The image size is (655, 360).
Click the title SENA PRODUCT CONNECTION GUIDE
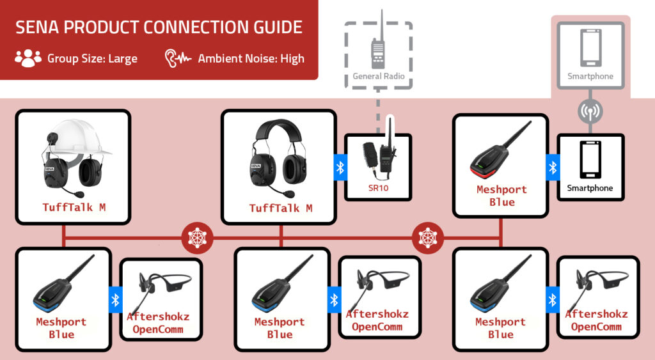click(x=159, y=27)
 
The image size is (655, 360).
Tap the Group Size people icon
click(x=28, y=58)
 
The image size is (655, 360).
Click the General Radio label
click(x=379, y=77)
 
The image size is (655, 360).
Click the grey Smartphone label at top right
click(x=590, y=77)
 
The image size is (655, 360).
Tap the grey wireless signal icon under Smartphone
click(x=590, y=111)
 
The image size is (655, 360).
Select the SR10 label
click(x=378, y=189)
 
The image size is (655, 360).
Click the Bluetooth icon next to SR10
click(x=340, y=168)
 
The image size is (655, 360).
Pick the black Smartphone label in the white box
click(x=590, y=189)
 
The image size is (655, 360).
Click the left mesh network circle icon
click(x=196, y=238)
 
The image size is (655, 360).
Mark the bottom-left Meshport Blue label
click(x=61, y=328)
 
